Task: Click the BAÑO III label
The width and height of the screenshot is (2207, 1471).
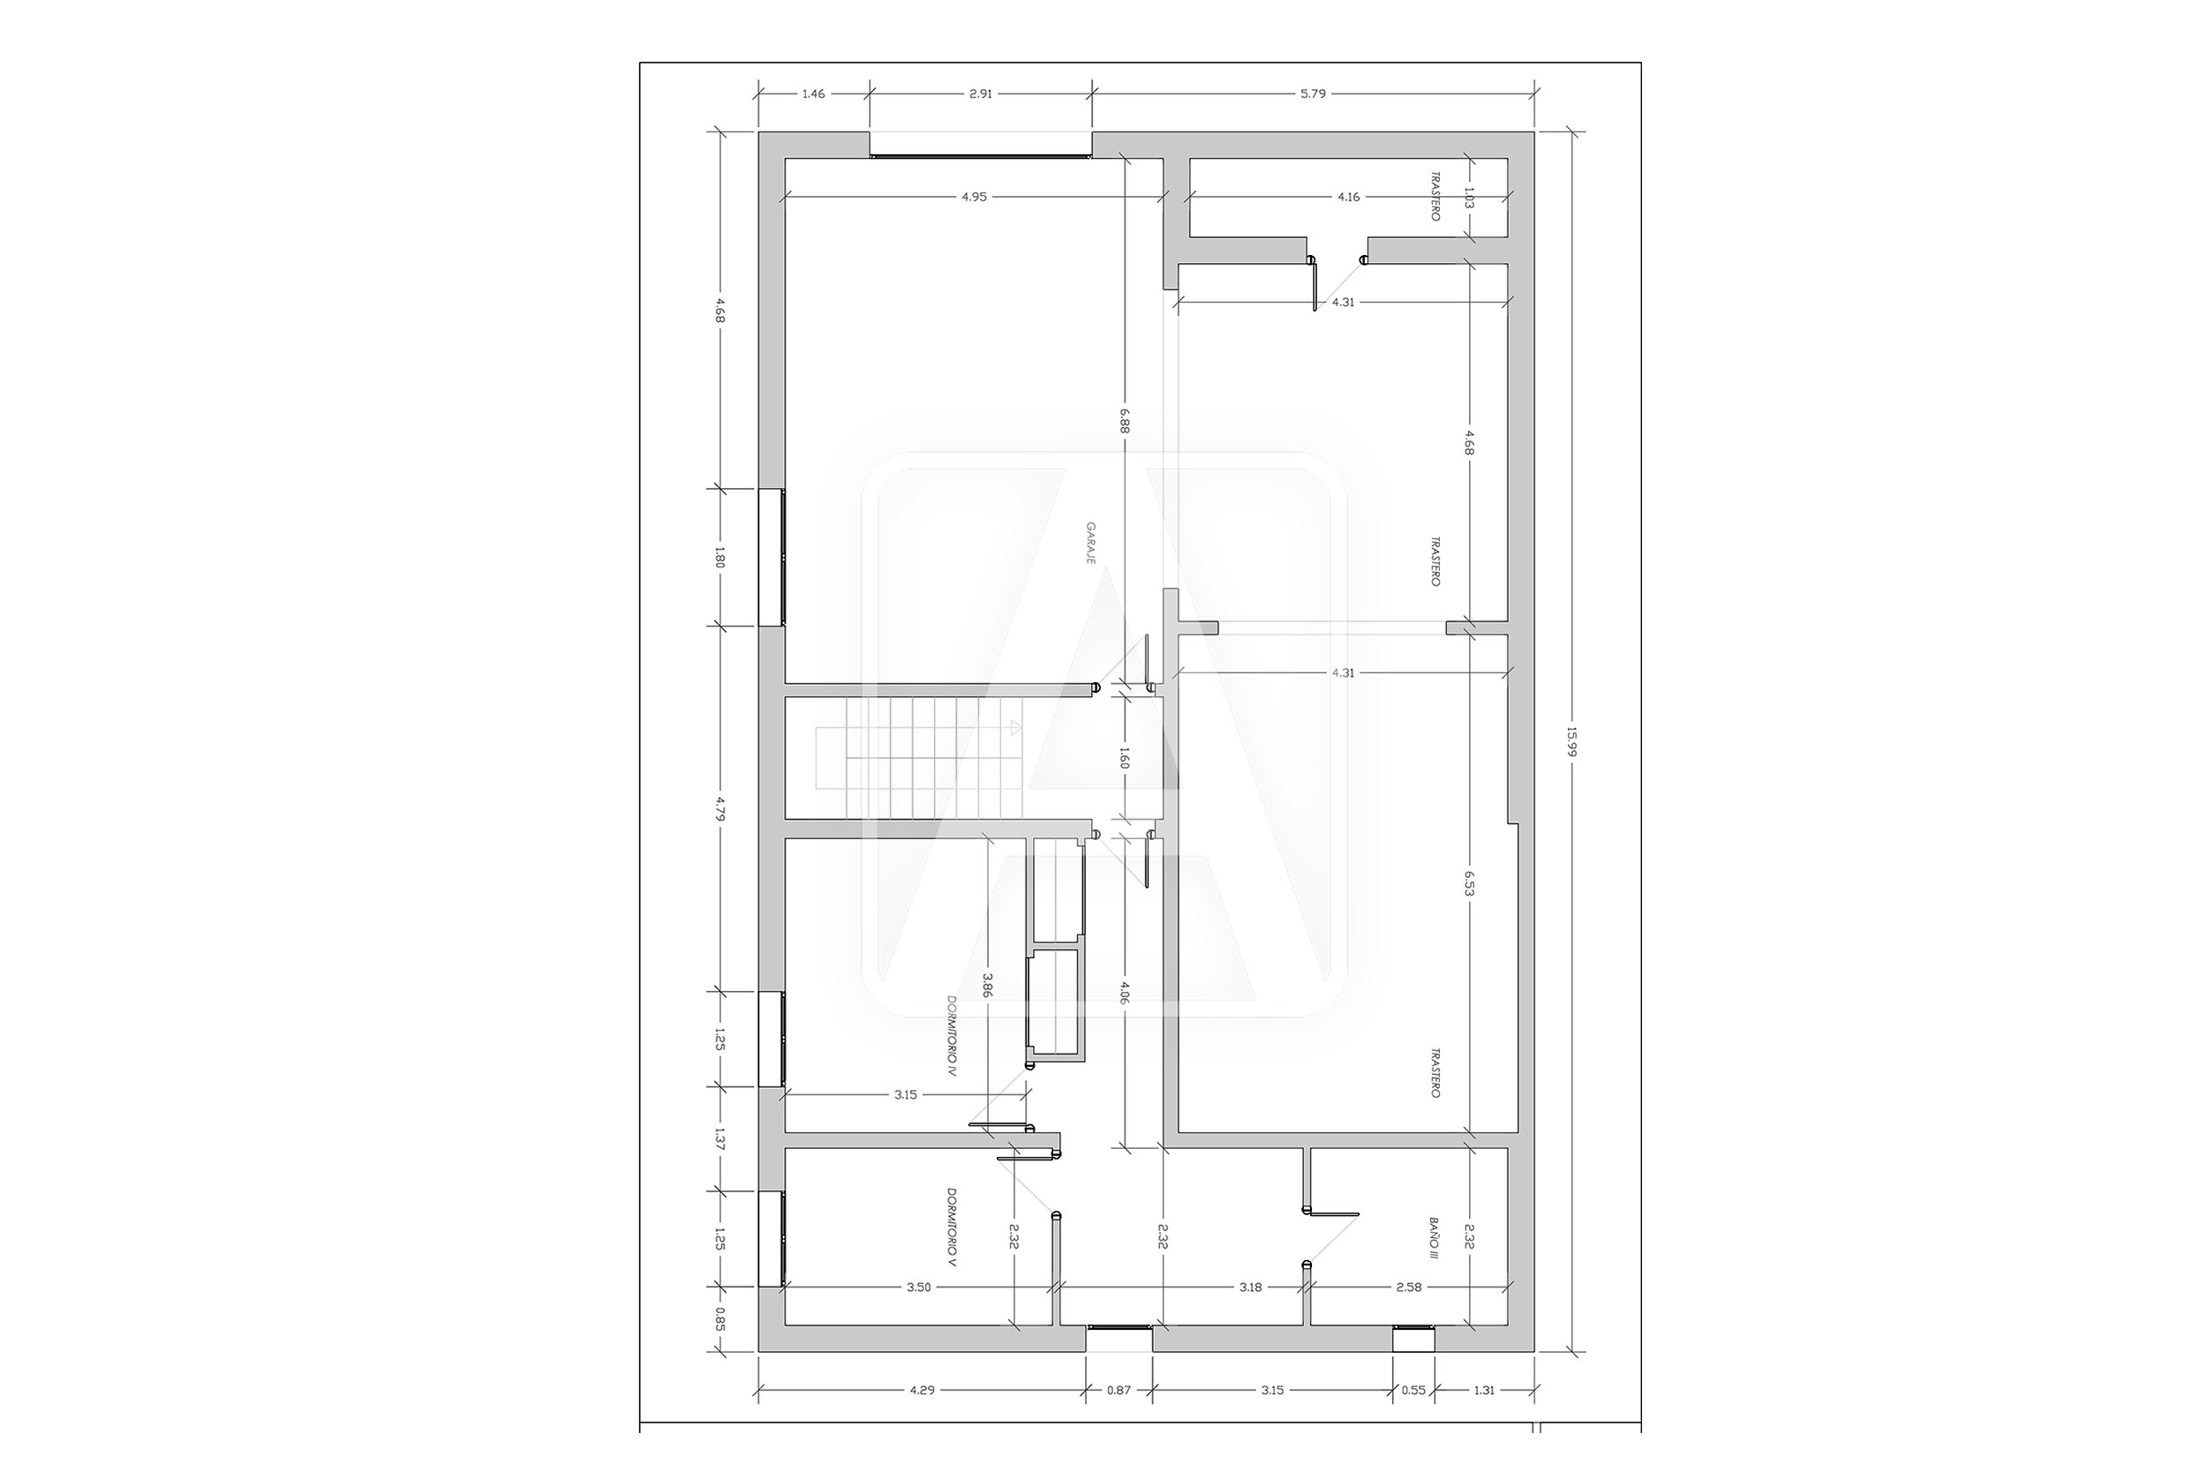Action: tap(1434, 1238)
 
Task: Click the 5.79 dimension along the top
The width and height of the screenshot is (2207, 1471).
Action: tap(1314, 94)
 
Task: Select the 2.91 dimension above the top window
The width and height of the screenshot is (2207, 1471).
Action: tap(981, 94)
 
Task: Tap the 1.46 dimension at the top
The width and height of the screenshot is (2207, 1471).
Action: tap(814, 94)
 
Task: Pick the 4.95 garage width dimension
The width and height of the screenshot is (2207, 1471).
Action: tap(974, 197)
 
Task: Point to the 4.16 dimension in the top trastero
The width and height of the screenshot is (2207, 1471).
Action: tap(1348, 197)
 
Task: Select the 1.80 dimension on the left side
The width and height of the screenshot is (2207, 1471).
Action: tap(719, 558)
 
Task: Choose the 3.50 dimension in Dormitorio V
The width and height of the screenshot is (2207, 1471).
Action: tap(919, 1287)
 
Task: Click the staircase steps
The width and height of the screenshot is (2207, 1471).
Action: tap(924, 758)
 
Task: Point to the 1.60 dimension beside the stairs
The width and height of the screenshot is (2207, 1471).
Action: tap(1125, 758)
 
